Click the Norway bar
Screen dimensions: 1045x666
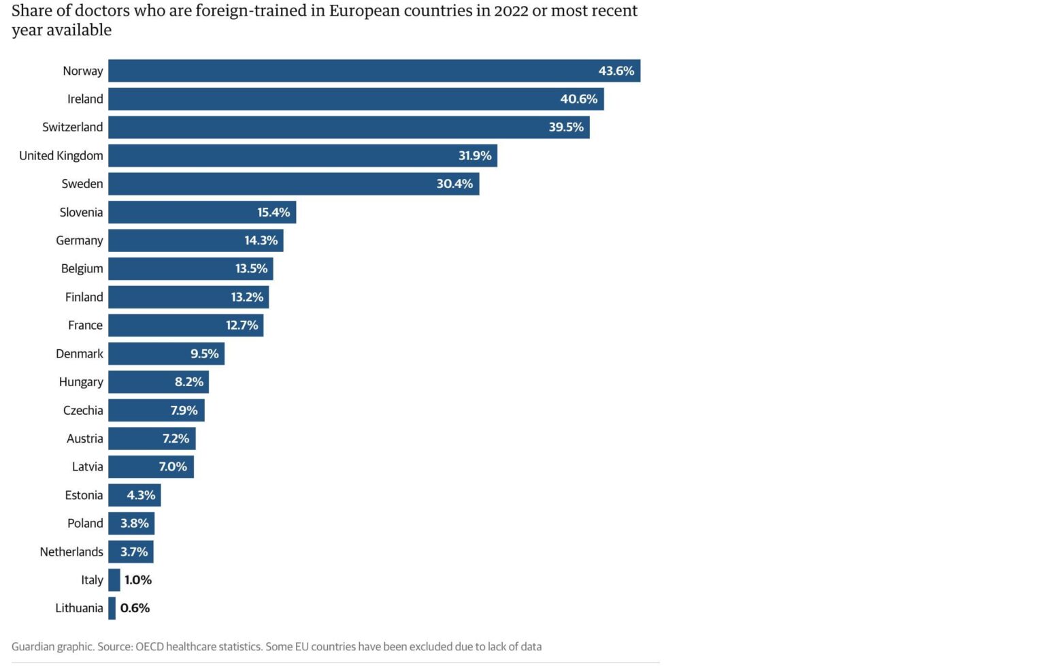(x=374, y=71)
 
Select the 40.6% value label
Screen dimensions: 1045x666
(x=578, y=99)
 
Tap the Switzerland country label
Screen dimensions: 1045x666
(x=72, y=127)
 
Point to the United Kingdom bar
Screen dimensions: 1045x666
(x=303, y=155)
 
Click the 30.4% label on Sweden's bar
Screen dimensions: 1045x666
(x=454, y=184)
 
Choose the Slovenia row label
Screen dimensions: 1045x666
(x=81, y=212)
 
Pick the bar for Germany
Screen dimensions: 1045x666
(x=196, y=240)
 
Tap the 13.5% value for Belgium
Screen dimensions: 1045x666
(x=251, y=268)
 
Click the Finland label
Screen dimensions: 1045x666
(x=84, y=297)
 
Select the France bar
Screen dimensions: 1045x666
(x=186, y=325)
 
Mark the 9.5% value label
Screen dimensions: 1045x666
(x=204, y=353)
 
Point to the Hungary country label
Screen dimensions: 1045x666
(x=81, y=382)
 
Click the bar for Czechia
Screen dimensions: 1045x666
(x=156, y=410)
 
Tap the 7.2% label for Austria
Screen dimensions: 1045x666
(x=176, y=439)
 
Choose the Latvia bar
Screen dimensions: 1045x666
(x=151, y=466)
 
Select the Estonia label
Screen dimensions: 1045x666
(x=84, y=495)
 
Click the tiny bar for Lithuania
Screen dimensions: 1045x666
(x=112, y=608)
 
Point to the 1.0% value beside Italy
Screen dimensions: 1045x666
(x=137, y=580)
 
